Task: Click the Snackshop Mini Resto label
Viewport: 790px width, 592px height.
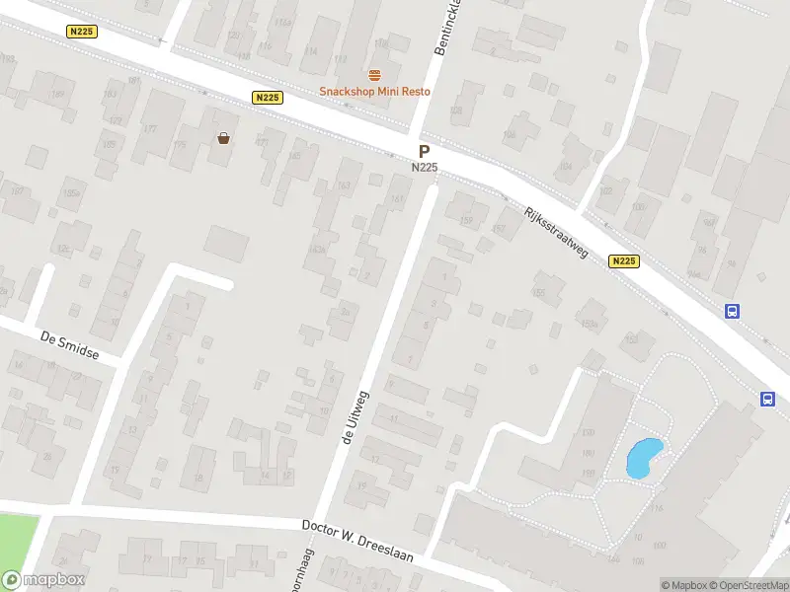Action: tap(374, 92)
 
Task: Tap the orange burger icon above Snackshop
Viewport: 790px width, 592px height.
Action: tap(374, 75)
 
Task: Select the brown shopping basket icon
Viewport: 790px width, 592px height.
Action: tap(224, 138)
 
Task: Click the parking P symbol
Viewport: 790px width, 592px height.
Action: tap(424, 152)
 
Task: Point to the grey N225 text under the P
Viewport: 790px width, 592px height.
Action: tap(424, 168)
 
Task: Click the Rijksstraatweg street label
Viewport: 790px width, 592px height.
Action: tap(556, 233)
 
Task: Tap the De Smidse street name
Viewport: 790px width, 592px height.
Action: tap(70, 345)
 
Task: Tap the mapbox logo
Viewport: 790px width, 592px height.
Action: tap(43, 580)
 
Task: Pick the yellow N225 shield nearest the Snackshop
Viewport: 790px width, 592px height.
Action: tap(268, 97)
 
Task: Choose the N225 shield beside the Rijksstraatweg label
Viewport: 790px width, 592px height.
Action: tap(623, 261)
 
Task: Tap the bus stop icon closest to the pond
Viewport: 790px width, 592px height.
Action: tap(767, 399)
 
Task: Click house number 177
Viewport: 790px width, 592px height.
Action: tap(150, 129)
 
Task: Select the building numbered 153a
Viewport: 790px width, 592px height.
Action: tap(590, 324)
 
